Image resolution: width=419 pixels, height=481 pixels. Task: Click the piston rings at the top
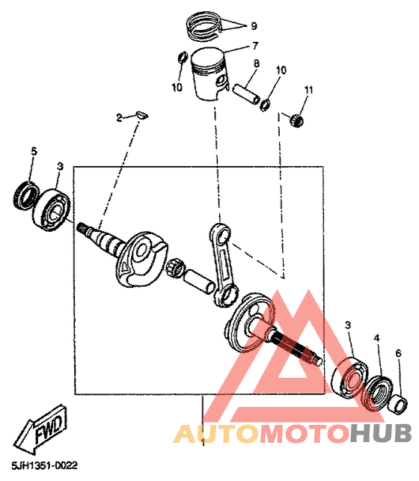click(x=204, y=25)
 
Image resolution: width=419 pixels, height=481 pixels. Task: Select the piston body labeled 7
click(x=209, y=73)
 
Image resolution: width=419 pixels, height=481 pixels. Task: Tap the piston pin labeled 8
click(x=246, y=94)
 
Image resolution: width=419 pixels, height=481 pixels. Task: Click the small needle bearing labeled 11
click(x=296, y=120)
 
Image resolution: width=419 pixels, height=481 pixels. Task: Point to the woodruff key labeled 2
click(x=141, y=114)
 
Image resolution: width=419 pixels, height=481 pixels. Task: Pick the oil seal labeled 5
click(x=26, y=196)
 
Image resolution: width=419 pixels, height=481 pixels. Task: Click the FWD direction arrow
click(x=40, y=429)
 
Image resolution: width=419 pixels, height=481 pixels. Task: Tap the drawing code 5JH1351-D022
click(x=45, y=465)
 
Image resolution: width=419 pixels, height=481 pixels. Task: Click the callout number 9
click(x=254, y=25)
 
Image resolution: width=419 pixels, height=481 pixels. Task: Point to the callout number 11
click(x=308, y=90)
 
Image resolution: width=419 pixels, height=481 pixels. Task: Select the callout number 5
click(x=34, y=151)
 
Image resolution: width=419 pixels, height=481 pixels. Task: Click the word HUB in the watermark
click(x=381, y=433)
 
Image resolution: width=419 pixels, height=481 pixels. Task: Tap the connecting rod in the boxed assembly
click(x=224, y=265)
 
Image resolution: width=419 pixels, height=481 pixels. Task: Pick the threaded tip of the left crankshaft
click(x=82, y=227)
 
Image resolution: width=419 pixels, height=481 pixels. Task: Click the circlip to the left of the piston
click(x=183, y=57)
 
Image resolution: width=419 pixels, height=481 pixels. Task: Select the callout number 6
click(x=398, y=353)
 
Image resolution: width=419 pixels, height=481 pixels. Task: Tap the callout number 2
click(x=119, y=117)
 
